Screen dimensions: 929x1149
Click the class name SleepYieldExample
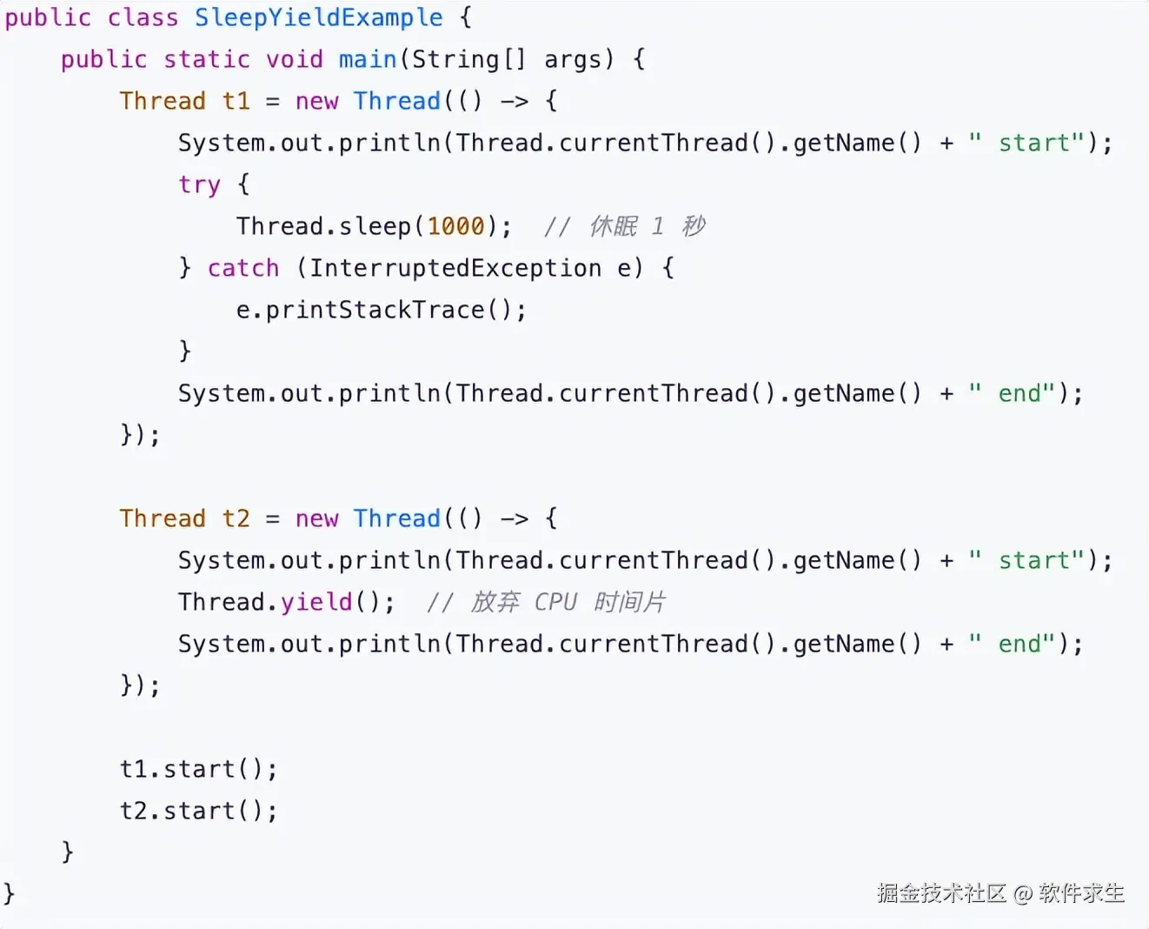(x=318, y=17)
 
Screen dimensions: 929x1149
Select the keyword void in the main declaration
(x=294, y=59)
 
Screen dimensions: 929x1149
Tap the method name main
(x=367, y=59)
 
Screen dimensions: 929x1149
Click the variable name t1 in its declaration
(x=236, y=101)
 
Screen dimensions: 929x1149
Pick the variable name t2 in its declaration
(x=236, y=518)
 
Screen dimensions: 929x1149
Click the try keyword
(x=199, y=185)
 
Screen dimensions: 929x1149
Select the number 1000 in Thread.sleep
(x=455, y=226)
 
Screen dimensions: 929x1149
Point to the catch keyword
(x=243, y=268)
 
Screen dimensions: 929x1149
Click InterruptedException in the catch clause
(x=455, y=268)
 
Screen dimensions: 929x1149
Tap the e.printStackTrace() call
(x=381, y=310)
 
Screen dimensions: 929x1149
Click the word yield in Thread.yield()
(x=316, y=602)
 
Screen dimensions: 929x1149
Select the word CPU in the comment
(x=555, y=602)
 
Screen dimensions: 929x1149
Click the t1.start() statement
(x=198, y=769)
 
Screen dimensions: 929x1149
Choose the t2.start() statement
(x=198, y=811)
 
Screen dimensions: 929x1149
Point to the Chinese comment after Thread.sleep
(x=625, y=226)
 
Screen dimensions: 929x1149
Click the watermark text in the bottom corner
(x=1000, y=893)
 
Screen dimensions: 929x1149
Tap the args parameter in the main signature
(x=573, y=59)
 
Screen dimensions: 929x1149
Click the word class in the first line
(x=143, y=17)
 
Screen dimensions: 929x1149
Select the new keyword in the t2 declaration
(x=316, y=518)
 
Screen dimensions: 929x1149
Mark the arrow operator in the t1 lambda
(x=514, y=102)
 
